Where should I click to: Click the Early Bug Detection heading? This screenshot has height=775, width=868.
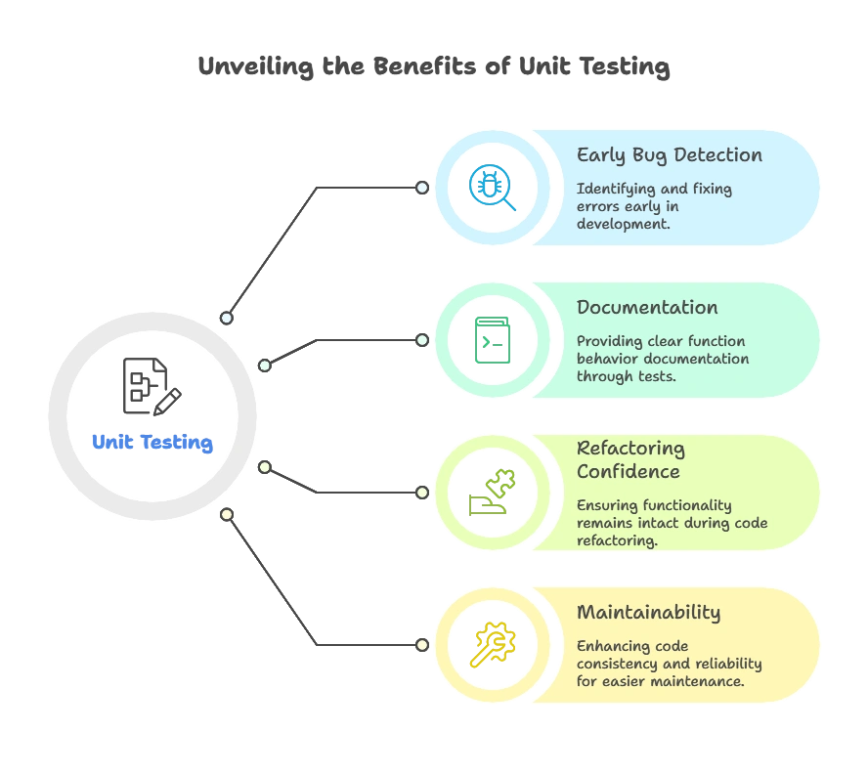(669, 155)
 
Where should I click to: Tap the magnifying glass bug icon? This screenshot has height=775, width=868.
(491, 186)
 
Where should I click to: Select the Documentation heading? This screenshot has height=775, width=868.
(646, 308)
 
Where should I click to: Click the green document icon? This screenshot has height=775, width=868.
(491, 340)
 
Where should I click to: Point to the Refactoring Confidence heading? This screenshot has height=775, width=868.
(630, 460)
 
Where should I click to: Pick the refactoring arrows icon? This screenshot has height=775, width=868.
(491, 493)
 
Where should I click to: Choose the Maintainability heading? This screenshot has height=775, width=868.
(648, 613)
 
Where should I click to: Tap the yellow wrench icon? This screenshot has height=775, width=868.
(491, 645)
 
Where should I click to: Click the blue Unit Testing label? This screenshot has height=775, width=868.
(152, 443)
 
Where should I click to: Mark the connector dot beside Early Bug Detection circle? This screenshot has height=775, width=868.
(421, 187)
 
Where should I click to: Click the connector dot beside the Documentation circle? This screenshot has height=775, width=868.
(421, 340)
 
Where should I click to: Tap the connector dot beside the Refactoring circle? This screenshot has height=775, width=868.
(421, 493)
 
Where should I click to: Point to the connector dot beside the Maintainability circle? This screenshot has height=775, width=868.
(421, 645)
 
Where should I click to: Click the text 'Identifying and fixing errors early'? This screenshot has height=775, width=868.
(654, 197)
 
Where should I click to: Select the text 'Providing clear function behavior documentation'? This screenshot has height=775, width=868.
(662, 350)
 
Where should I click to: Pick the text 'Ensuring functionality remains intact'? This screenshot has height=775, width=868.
(671, 514)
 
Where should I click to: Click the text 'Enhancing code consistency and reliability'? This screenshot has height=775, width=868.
(669, 655)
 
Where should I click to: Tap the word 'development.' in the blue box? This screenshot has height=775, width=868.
(623, 224)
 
